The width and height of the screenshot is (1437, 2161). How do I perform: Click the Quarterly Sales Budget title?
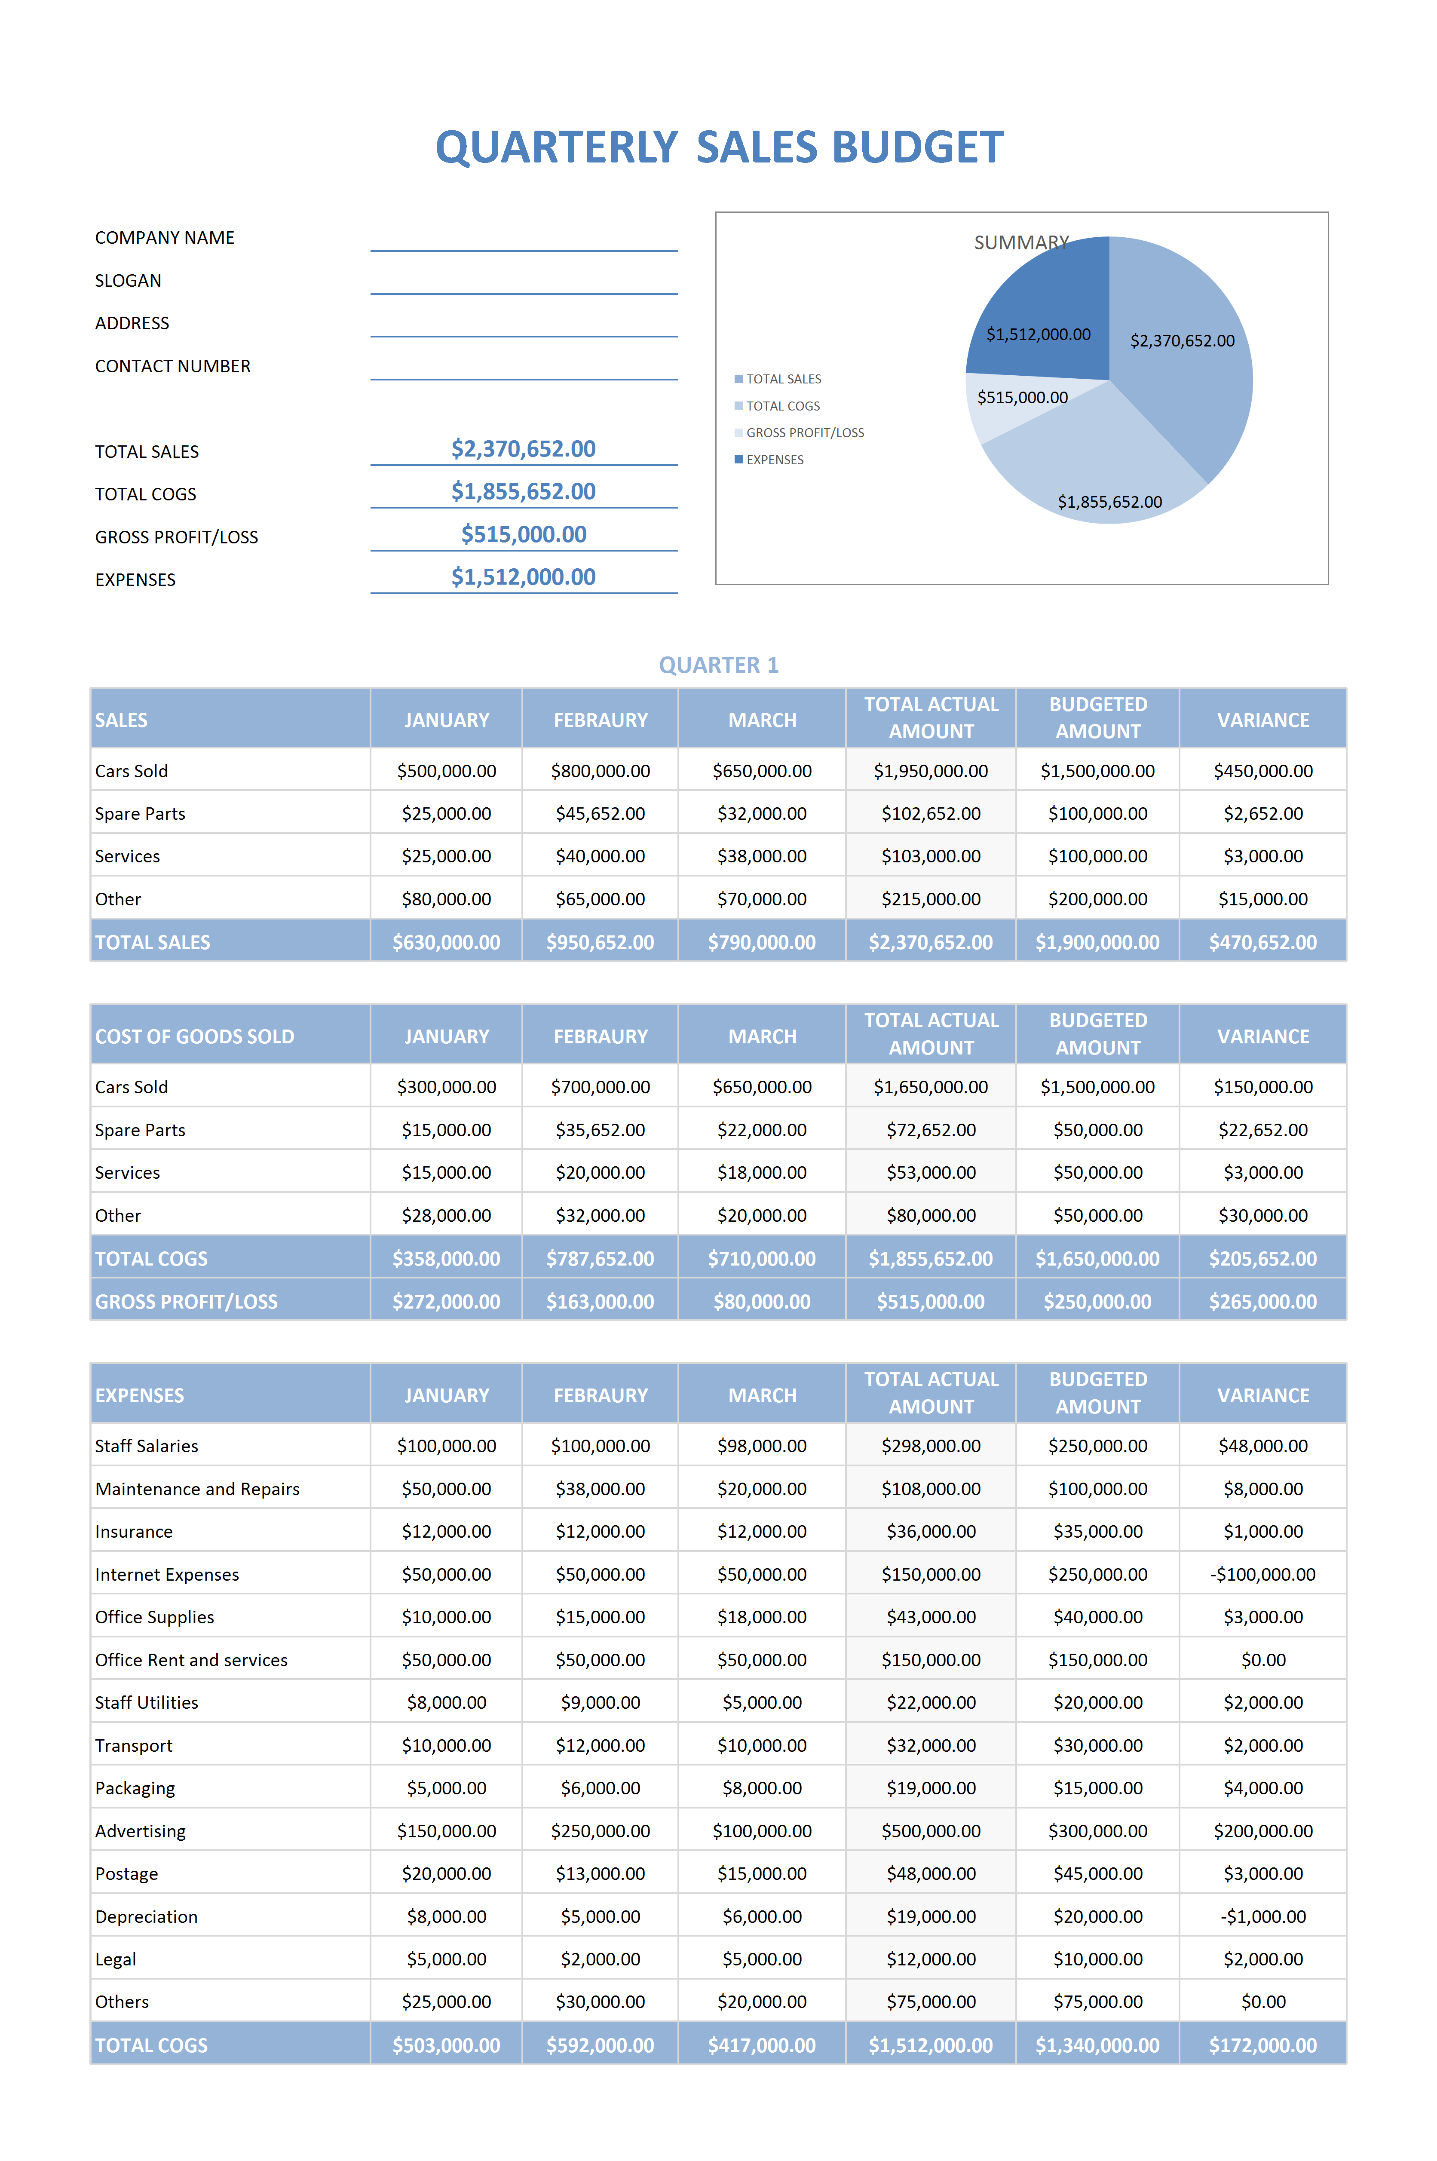[720, 147]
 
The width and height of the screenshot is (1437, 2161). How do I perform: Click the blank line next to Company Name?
[524, 250]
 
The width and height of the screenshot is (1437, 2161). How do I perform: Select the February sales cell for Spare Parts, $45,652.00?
[600, 814]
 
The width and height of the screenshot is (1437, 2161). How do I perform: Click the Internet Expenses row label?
[167, 1575]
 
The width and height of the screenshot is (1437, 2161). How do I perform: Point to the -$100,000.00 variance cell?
[1263, 1575]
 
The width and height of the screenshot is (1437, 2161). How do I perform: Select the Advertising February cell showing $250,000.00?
[600, 1831]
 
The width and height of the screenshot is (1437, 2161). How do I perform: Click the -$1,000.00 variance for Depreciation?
[1263, 1916]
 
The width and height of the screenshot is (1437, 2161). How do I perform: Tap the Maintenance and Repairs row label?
[197, 1489]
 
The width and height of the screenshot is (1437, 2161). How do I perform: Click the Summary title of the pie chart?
[1021, 243]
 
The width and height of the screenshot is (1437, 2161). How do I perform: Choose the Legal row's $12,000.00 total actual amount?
[931, 1959]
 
